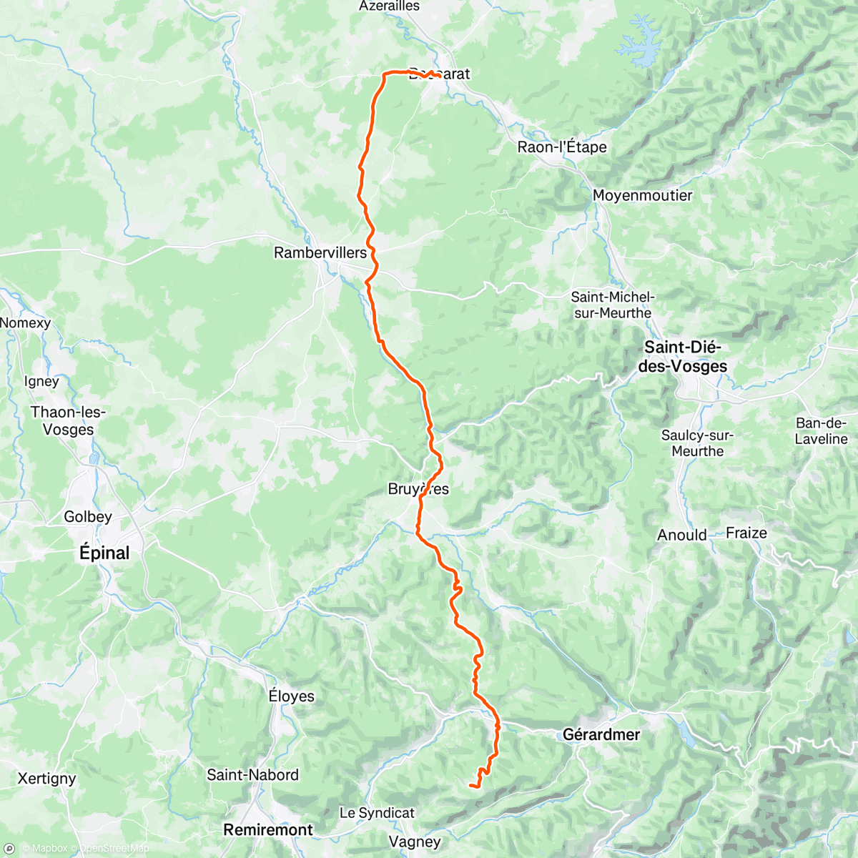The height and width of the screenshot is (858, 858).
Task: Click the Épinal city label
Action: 104,553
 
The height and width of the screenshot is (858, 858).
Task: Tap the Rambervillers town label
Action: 320,252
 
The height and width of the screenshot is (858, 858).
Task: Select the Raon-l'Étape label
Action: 562,147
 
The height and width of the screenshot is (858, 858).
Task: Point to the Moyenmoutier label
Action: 642,195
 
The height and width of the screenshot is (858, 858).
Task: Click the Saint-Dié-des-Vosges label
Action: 683,357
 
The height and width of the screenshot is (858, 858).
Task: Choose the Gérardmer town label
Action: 601,734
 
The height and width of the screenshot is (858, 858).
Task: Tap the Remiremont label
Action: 268,829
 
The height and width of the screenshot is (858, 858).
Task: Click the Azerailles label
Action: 389,6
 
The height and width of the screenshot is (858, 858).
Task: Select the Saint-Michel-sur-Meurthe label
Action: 613,305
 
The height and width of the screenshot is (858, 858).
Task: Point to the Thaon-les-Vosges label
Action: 68,420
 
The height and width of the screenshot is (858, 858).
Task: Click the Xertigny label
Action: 46,778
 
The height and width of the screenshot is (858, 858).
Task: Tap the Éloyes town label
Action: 291,696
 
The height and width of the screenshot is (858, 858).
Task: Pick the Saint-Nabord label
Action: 252,774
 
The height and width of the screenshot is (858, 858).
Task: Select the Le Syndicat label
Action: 377,813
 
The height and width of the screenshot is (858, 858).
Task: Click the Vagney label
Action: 415,842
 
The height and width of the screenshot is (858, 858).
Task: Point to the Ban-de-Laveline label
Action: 821,430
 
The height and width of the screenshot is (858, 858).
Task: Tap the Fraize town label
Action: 746,533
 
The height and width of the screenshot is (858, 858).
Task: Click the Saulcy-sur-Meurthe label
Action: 697,443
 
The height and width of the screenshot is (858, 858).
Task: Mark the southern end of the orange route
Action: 470,786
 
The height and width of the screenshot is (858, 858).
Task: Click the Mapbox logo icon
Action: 9,849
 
